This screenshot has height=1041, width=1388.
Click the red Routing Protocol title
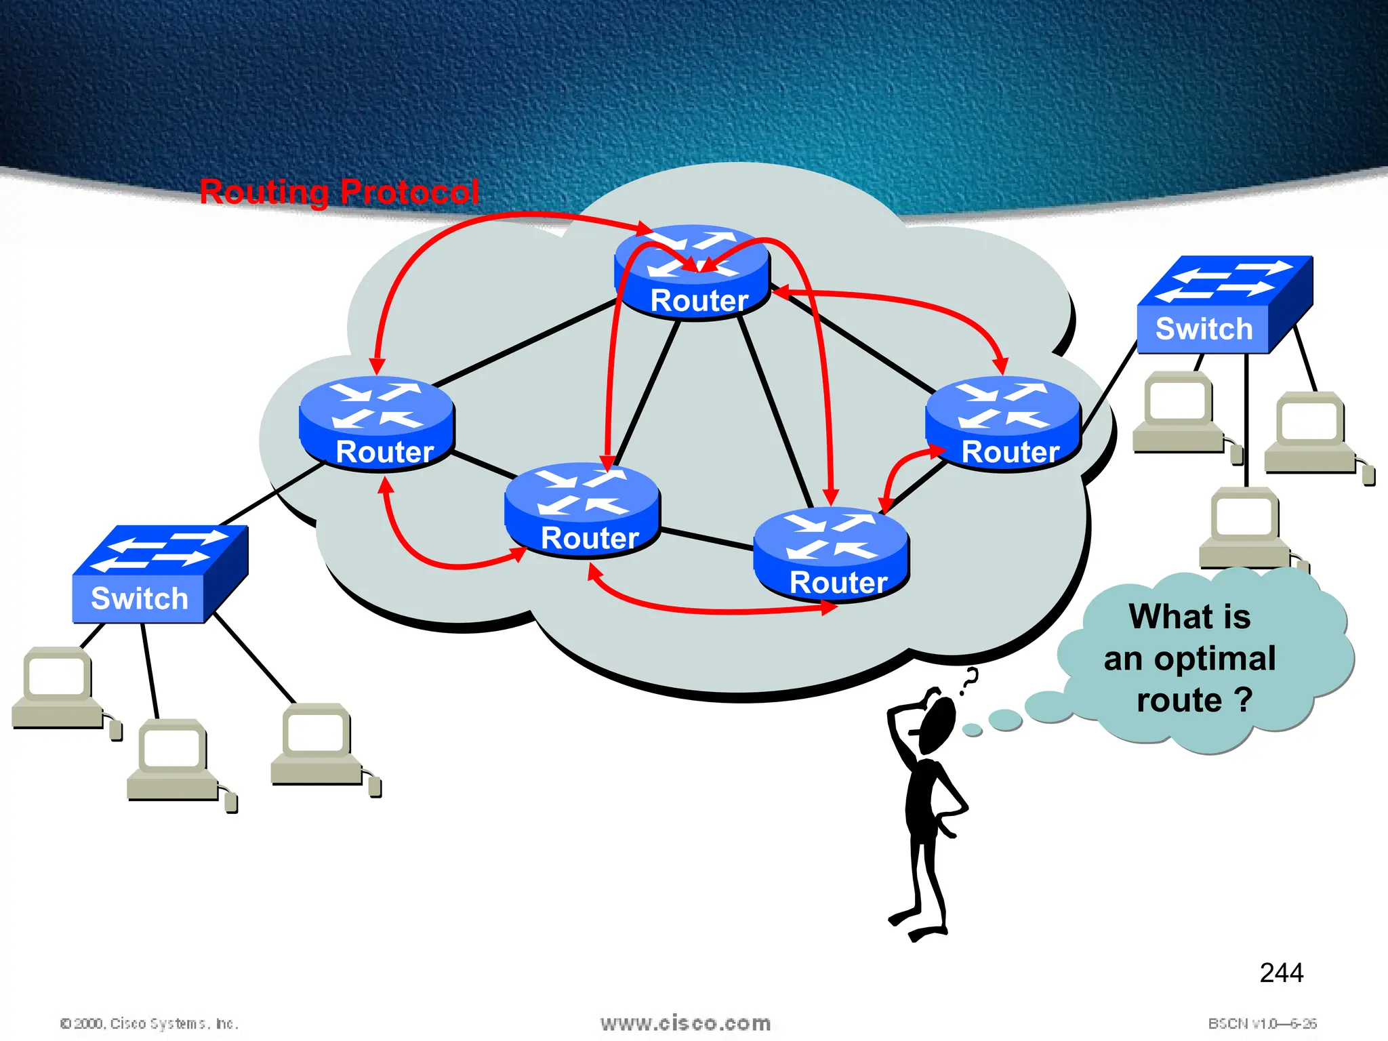point(340,192)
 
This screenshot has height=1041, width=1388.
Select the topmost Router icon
point(692,272)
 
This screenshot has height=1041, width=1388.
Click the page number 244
point(1281,973)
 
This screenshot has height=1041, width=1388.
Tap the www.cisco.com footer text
point(685,1023)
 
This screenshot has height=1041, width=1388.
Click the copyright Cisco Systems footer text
point(149,1023)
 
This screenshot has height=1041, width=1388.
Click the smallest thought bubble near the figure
point(973,730)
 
